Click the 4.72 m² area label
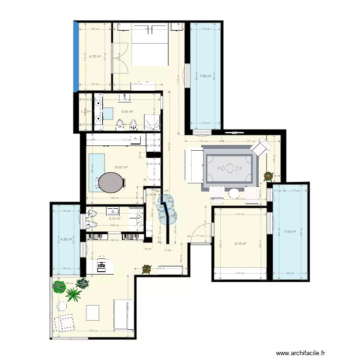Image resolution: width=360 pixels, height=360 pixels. click(x=94, y=57)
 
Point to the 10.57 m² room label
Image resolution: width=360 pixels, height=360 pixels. click(x=120, y=168)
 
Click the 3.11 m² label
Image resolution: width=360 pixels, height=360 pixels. click(x=114, y=218)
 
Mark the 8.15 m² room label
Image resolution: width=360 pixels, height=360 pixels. click(x=240, y=244)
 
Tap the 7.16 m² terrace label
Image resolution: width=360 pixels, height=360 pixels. click(x=290, y=232)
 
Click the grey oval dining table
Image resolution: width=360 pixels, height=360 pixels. click(x=111, y=182)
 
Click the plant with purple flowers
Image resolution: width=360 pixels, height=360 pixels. click(x=82, y=283)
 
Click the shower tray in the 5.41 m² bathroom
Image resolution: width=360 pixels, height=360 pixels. click(x=154, y=122)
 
